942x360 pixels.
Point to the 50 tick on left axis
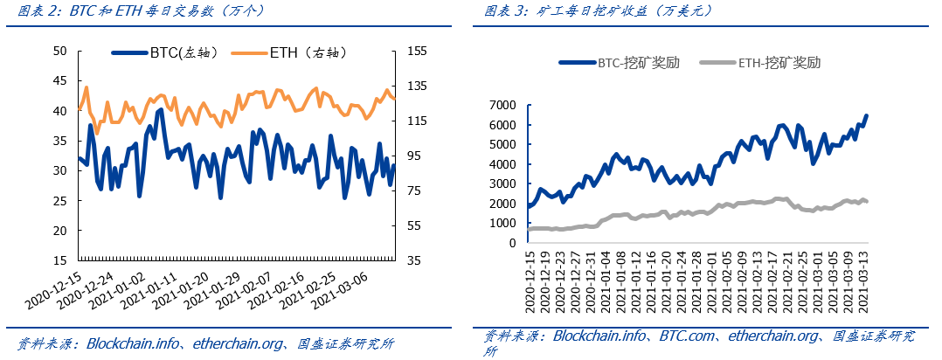[x=60, y=52]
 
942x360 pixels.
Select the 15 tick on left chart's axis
[x=60, y=261]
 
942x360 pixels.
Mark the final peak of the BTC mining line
[x=866, y=115]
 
